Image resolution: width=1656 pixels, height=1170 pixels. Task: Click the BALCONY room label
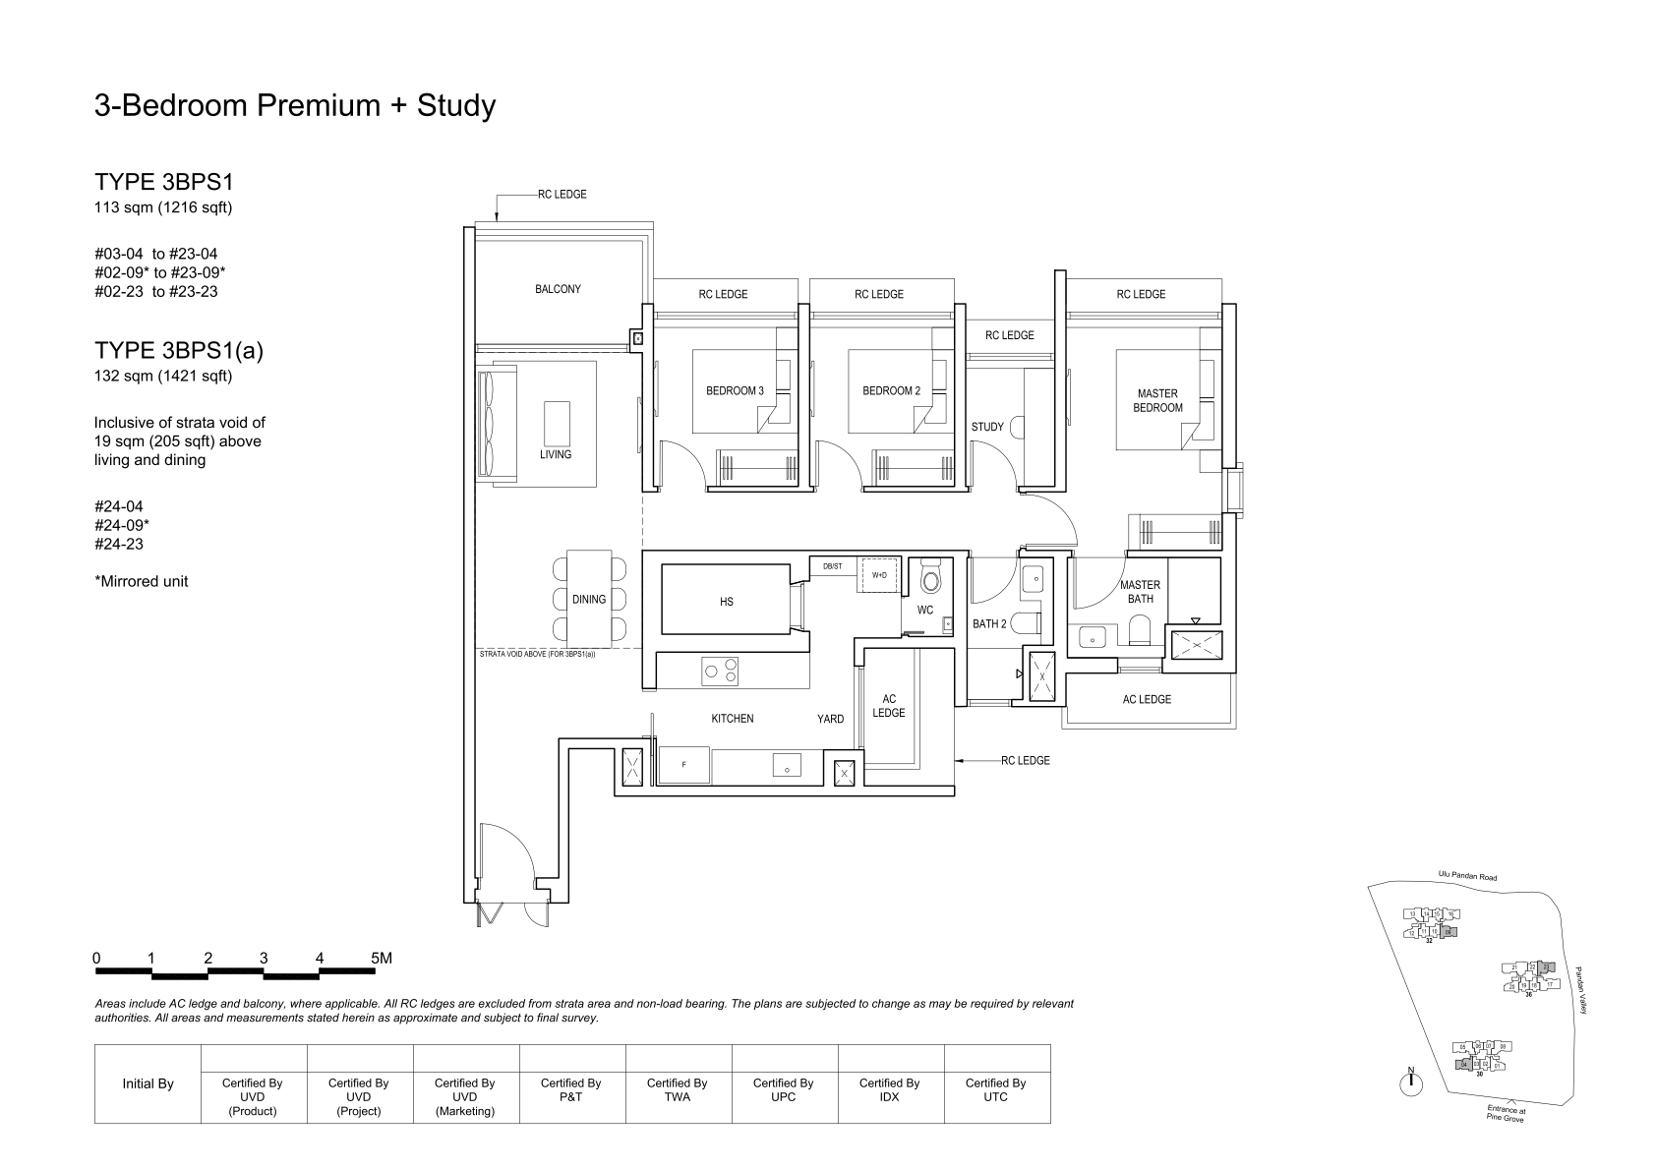[x=558, y=289]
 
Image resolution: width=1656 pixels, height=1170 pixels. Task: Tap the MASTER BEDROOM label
[x=1156, y=400]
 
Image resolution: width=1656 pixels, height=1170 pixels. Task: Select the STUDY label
[x=987, y=427]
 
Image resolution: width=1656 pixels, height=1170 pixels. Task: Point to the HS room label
[x=726, y=602]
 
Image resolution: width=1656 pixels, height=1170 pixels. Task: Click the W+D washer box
[x=879, y=576]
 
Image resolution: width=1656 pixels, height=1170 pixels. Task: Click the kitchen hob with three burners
[x=720, y=671]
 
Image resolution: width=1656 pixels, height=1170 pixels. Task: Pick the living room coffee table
[x=556, y=424]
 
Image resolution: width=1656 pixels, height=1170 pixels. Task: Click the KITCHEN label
[x=733, y=719]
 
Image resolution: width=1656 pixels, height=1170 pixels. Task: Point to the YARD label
[x=830, y=719]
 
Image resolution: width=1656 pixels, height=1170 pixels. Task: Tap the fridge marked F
[x=683, y=765]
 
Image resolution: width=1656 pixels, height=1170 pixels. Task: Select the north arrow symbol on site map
[x=1411, y=1082]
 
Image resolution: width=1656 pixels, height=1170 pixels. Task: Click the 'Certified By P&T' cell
[x=570, y=1089]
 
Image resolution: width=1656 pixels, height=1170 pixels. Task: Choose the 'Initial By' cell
[x=148, y=1083]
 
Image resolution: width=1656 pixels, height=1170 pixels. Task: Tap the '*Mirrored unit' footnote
[x=142, y=581]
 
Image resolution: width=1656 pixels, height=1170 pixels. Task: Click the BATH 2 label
[x=989, y=623]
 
